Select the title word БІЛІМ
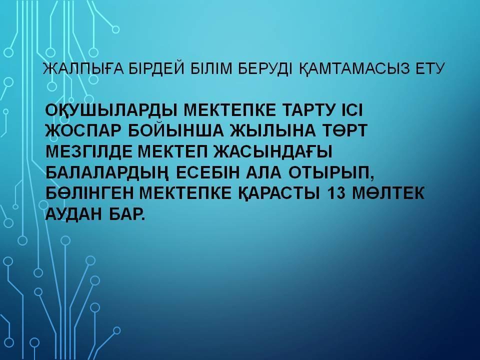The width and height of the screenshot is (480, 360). pos(212,68)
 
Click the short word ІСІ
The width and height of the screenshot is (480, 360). pos(350,110)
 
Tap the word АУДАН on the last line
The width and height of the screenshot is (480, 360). pos(73,214)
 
